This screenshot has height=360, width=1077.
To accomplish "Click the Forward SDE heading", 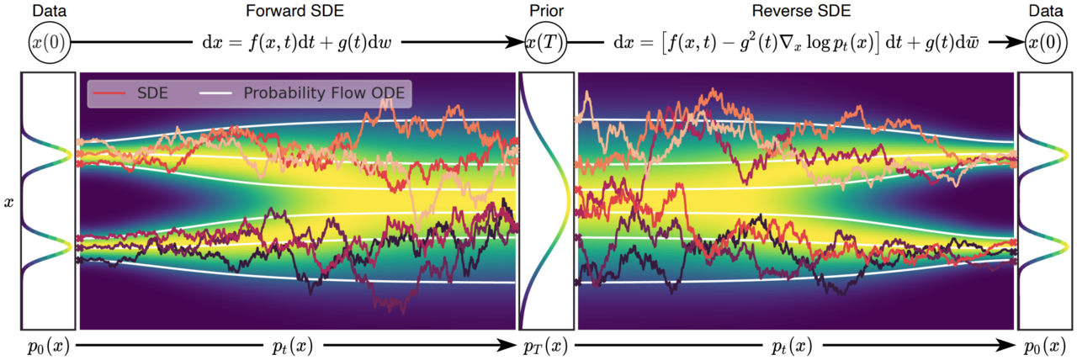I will pyautogui.click(x=281, y=11).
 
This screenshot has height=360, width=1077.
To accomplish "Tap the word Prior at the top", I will pyautogui.click(x=547, y=11).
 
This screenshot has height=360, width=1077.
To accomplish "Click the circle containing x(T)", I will pyautogui.click(x=547, y=43).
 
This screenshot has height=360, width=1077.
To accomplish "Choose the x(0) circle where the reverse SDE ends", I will pyautogui.click(x=1043, y=43).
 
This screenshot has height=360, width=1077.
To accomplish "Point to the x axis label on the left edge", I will pyautogui.click(x=9, y=203).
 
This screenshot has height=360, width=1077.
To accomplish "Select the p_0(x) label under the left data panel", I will pyautogui.click(x=47, y=346).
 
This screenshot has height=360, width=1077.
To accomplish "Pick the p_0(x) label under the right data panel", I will pyautogui.click(x=1043, y=346).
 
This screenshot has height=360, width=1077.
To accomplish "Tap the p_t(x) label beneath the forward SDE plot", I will pyautogui.click(x=290, y=346).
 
